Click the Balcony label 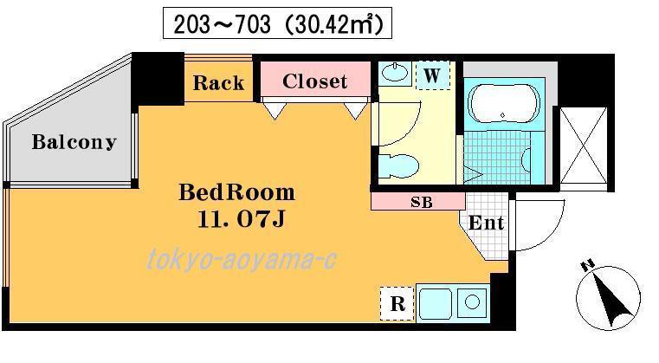coord(74,142)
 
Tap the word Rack coord(218,83)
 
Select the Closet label coord(315,81)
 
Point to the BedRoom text coord(237,192)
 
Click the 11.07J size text coord(242,218)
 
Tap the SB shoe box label coord(422,203)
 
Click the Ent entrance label coord(487,223)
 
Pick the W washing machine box coord(432,75)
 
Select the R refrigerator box coord(397,303)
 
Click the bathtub coord(503,104)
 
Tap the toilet coord(398,165)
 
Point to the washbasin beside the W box coord(395,73)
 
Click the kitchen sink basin coord(435,304)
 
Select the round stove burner coord(473,301)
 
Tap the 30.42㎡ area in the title coord(334,23)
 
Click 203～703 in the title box coord(223,24)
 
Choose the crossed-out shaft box coord(584,146)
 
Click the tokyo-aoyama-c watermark coord(242,259)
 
